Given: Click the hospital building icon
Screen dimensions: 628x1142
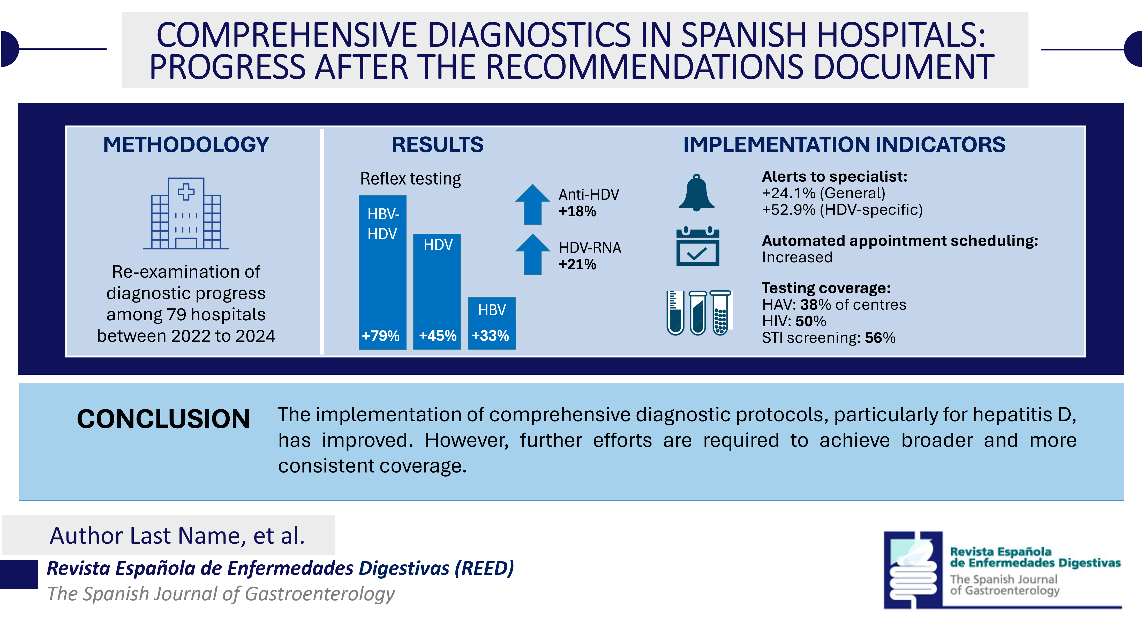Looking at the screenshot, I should [x=186, y=214].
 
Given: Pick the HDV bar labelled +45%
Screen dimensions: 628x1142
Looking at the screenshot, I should [x=437, y=291].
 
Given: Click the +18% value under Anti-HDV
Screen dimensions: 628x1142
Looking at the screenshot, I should [x=577, y=212].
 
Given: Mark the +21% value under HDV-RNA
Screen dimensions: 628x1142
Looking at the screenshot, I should [x=577, y=264].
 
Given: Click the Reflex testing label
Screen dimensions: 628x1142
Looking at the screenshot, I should [x=410, y=179].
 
